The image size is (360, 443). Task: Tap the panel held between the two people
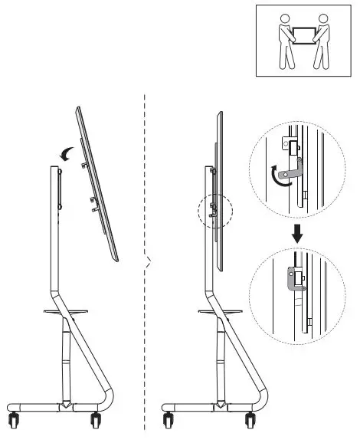click(303, 35)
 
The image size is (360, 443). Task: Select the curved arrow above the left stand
click(70, 153)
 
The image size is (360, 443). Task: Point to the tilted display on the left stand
click(100, 184)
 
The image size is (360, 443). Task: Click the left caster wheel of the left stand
click(15, 421)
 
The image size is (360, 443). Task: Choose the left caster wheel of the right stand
click(169, 421)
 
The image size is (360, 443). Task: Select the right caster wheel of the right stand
click(250, 421)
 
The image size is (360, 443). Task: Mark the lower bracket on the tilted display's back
click(93, 201)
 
